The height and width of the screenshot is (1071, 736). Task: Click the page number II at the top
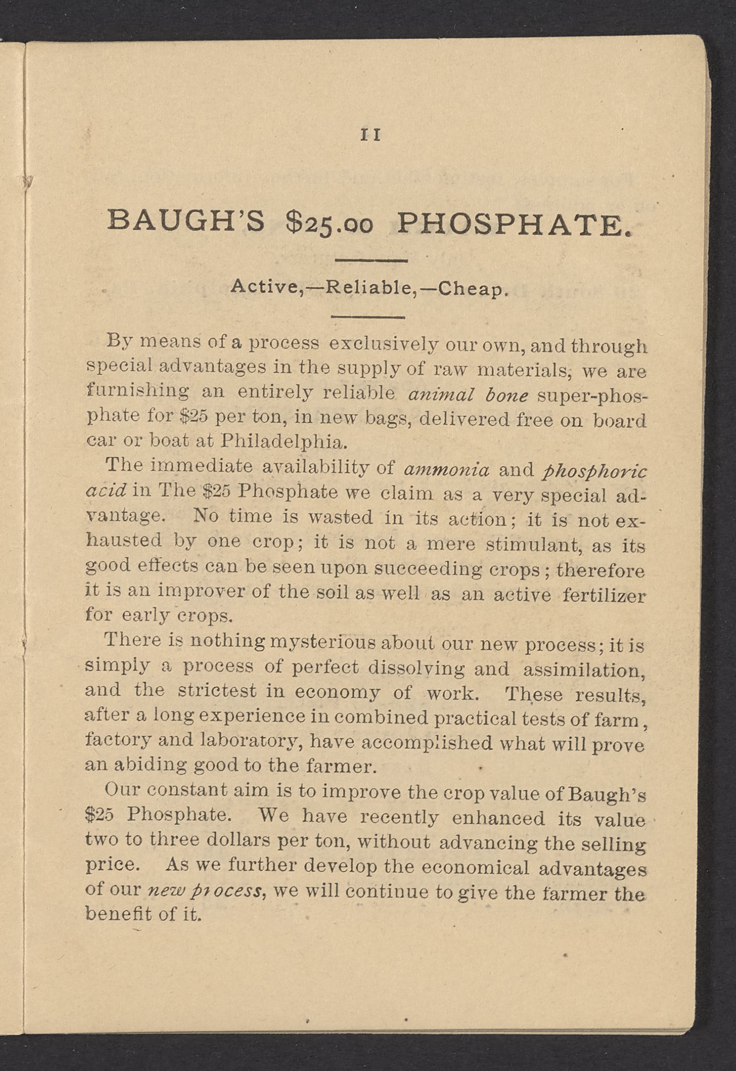(x=371, y=135)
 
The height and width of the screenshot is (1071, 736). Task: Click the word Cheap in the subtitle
(x=471, y=289)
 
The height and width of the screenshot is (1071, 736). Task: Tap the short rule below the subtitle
(x=369, y=317)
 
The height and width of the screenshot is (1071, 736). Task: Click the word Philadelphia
(x=284, y=442)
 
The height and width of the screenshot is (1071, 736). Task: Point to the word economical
(x=474, y=868)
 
